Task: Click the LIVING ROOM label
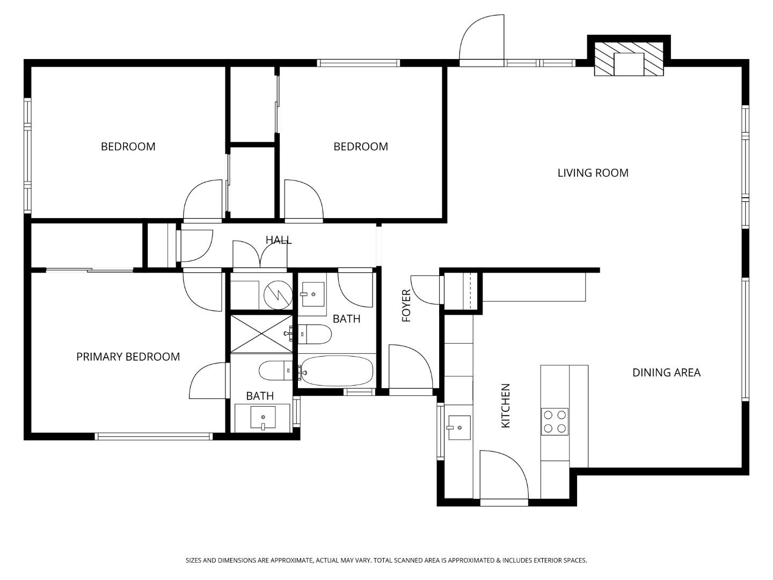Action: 593,173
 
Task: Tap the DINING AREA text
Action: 666,373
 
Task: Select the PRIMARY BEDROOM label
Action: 128,357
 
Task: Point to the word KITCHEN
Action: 505,405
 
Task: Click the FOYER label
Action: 406,306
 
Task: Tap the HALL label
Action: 279,240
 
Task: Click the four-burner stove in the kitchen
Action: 555,422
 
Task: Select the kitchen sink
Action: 459,428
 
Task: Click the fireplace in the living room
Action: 629,59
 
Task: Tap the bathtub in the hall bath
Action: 337,371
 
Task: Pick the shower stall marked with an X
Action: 261,334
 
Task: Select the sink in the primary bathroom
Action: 262,418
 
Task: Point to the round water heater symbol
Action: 278,295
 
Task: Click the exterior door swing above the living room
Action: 482,38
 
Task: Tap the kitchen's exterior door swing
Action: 504,475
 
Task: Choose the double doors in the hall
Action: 260,254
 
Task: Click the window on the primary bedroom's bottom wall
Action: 154,437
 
